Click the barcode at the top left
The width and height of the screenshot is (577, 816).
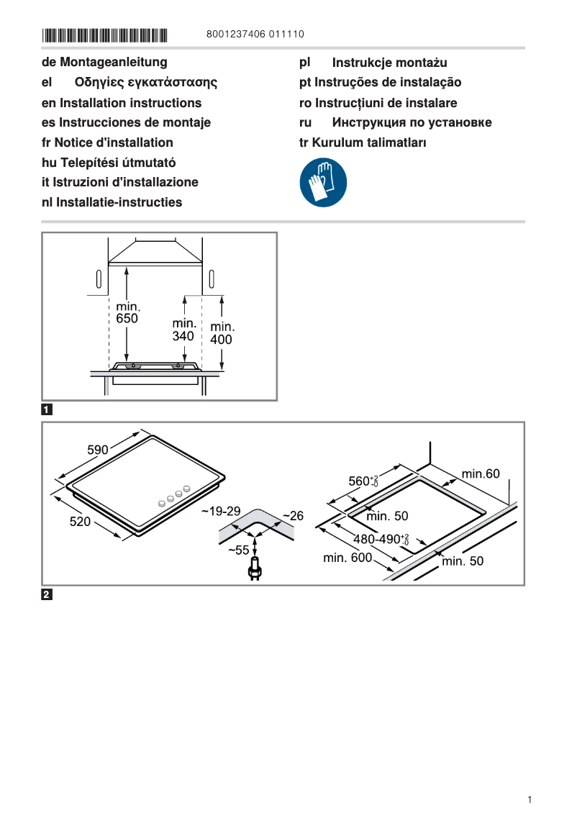pos(104,35)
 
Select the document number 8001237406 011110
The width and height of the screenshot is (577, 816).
pos(255,35)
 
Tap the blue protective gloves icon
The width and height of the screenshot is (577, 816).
pos(323,183)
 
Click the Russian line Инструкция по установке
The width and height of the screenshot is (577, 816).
pos(412,122)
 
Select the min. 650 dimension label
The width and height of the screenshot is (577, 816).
pos(127,313)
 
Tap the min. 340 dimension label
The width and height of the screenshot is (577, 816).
pos(184,330)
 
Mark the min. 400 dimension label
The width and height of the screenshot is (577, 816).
pos(221,333)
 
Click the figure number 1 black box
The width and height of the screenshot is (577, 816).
pos(47,410)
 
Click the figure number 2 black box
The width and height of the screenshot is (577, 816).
pos(47,594)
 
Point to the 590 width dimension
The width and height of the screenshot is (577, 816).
pos(98,450)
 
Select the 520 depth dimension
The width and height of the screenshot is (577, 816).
pos(80,522)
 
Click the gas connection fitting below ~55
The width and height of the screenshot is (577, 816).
pos(253,571)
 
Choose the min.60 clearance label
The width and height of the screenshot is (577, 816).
pos(480,473)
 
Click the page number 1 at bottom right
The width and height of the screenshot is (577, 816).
pos(529,799)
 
